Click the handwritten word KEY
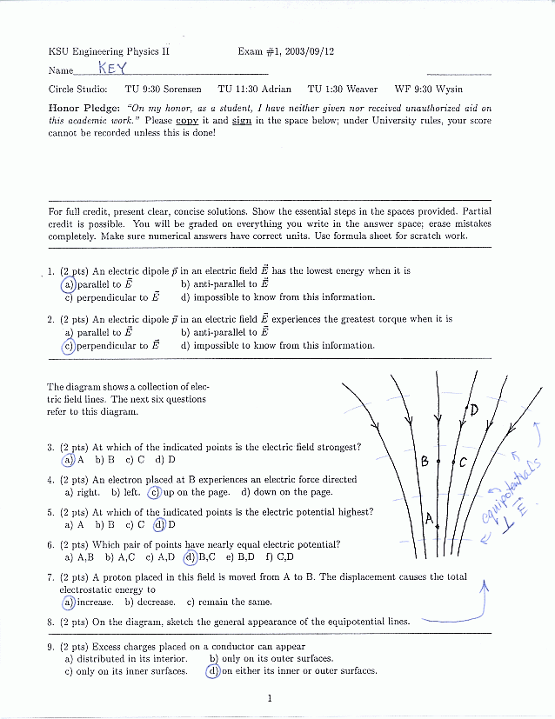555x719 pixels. [112, 68]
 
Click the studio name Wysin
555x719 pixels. [449, 89]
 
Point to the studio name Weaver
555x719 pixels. [361, 89]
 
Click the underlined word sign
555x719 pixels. [241, 121]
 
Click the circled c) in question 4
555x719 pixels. [155, 492]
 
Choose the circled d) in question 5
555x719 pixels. [159, 524]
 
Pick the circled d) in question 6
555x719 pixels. [190, 557]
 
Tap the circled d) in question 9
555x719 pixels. [212, 670]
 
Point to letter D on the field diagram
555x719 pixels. [474, 409]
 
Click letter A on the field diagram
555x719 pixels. [429, 520]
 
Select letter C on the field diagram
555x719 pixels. [463, 463]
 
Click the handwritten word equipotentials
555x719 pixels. [513, 491]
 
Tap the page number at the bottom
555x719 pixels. [271, 697]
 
